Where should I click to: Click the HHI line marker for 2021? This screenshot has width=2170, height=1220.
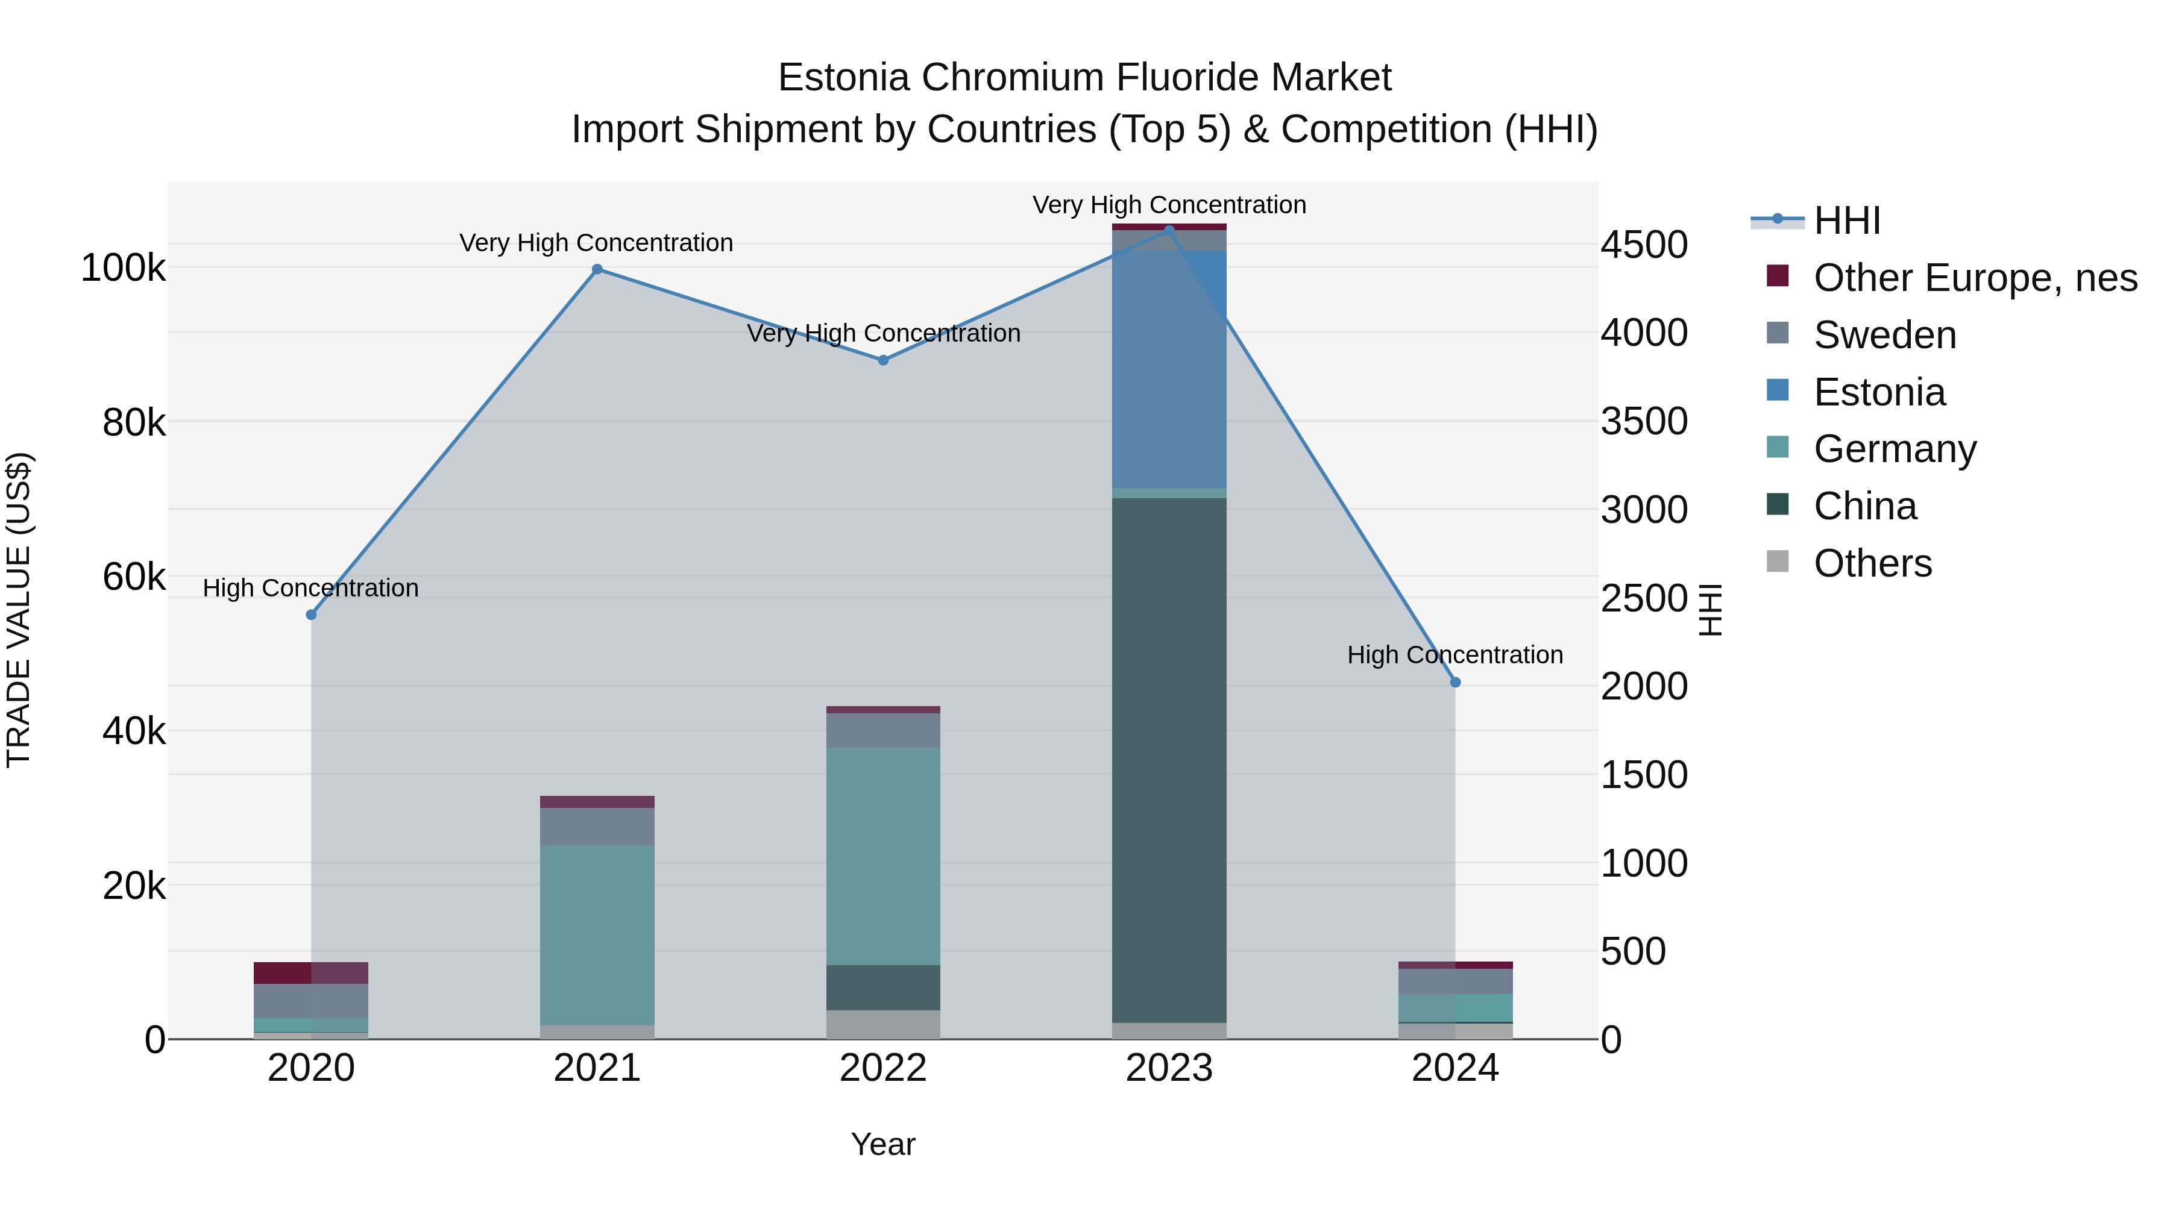(597, 269)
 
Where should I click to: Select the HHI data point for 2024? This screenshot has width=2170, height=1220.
(1455, 682)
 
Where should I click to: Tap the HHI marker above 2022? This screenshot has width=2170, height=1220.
(883, 360)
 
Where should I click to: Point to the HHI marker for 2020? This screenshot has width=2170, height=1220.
(311, 615)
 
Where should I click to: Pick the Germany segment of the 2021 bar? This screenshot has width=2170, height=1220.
(597, 934)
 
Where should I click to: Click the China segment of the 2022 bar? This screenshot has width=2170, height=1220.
(883, 987)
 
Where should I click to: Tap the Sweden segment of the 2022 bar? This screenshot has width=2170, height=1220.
(883, 730)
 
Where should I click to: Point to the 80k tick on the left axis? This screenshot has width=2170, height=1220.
(133, 423)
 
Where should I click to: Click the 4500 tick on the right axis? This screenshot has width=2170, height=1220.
(1644, 245)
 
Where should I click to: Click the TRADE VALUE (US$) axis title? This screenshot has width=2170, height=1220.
(19, 610)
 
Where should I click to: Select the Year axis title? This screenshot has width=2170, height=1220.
(883, 1144)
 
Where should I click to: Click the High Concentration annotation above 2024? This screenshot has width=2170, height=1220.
(1455, 655)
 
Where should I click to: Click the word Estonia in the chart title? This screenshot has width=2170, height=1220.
(843, 78)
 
